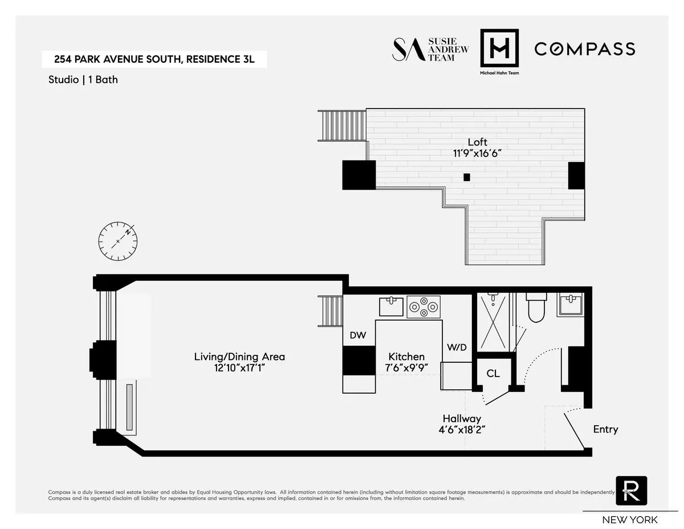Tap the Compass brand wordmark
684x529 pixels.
pos(584,49)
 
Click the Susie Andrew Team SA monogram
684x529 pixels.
pos(407,50)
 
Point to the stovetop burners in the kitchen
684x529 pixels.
pos(424,307)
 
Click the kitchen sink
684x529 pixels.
pos(391,306)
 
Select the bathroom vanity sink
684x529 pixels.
pos(571,305)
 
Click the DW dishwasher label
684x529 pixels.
pos(359,336)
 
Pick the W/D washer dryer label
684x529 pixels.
pos(457,347)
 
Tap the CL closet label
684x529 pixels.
pos(493,374)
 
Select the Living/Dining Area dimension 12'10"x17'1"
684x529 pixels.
pos(239,369)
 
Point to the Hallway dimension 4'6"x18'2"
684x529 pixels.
pos(462,430)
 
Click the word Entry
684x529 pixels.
pos(605,429)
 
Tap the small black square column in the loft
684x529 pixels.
pos(467,177)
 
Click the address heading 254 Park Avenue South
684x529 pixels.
pos(154,59)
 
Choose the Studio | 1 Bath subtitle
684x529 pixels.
pos(83,80)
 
